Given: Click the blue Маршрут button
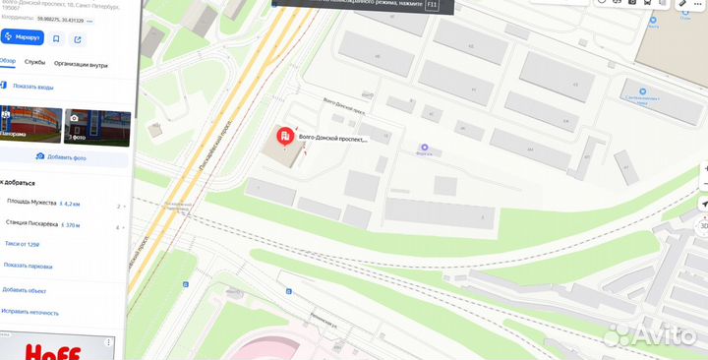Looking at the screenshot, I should [x=23, y=38].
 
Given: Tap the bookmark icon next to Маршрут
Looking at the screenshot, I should [x=56, y=38].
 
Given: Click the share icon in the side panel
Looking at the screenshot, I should [x=78, y=38].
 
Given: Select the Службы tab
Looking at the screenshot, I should [x=34, y=62].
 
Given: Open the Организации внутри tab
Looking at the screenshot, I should [x=81, y=62].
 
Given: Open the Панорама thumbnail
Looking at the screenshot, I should [x=29, y=126].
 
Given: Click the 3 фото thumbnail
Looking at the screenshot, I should [x=97, y=126].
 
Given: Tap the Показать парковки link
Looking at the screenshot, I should [x=27, y=266].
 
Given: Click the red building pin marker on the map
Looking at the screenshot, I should [x=283, y=136].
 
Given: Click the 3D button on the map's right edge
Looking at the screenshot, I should [x=703, y=224].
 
